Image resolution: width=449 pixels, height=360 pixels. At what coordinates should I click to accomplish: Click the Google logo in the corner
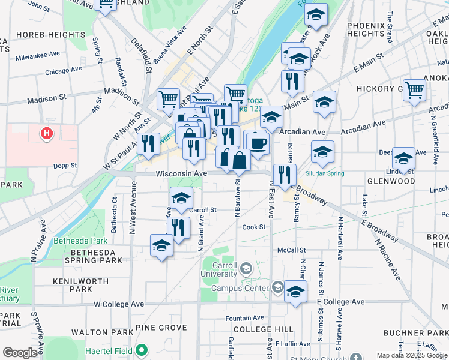[20, 353]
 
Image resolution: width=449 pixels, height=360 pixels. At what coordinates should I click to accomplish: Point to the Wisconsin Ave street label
[181, 173]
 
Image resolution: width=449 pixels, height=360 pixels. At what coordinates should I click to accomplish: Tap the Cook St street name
[253, 227]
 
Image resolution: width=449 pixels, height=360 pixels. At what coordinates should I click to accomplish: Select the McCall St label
[291, 250]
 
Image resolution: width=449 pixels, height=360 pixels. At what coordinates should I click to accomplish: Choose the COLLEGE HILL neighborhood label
[263, 329]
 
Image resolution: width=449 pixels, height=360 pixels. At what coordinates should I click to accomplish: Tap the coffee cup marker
[258, 144]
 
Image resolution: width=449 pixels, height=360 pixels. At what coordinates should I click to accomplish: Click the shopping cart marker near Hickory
[414, 90]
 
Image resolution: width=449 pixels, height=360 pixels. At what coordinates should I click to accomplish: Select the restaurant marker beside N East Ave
[284, 175]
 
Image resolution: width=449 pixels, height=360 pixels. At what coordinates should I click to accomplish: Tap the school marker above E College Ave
[295, 292]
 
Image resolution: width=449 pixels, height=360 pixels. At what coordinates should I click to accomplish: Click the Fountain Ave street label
[244, 318]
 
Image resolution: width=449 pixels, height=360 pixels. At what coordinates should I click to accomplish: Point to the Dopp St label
[66, 166]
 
